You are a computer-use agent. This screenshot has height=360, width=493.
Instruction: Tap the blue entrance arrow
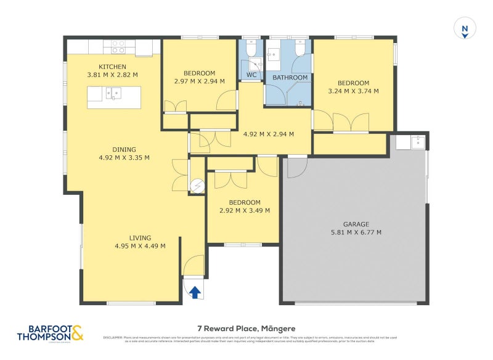click(x=195, y=292)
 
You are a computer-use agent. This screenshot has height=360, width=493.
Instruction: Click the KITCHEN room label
click(x=113, y=67)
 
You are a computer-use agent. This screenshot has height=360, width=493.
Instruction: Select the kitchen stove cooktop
click(x=118, y=47)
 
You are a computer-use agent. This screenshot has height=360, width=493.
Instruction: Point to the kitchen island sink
click(x=113, y=94)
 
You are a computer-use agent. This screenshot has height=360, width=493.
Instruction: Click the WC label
click(x=251, y=75)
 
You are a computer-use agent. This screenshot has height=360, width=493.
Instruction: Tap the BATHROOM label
click(x=290, y=78)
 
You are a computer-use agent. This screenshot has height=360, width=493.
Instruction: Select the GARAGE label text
click(x=356, y=224)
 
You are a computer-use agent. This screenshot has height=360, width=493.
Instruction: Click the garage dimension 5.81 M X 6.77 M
click(x=356, y=232)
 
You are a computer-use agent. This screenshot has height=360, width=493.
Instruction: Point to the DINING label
click(x=124, y=149)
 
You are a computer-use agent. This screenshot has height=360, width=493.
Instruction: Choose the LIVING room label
click(x=140, y=238)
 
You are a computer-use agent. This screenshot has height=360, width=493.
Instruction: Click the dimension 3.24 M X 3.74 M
click(x=353, y=91)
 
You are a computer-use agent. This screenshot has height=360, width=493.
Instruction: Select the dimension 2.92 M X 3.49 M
click(x=245, y=210)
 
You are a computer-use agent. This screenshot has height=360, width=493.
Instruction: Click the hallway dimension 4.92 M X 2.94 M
click(x=269, y=134)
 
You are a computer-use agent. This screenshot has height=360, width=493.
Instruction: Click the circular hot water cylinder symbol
click(x=197, y=186)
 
